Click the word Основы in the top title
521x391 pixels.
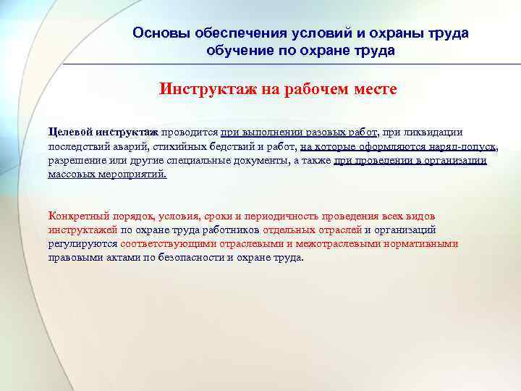[x=156, y=33]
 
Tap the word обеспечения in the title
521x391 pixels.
[x=223, y=33]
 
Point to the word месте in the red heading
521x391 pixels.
[x=373, y=91]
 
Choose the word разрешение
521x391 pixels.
[x=76, y=160]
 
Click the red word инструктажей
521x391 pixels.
[x=82, y=230]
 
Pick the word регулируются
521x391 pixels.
[x=78, y=244]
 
